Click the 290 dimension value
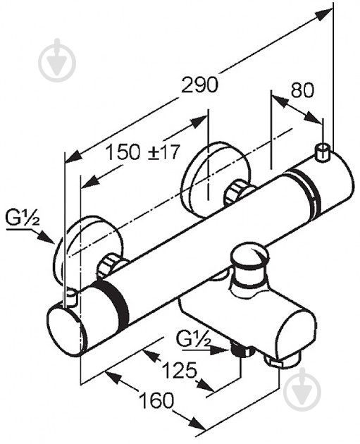click(199, 85)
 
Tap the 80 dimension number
click(302, 90)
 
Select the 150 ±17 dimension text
click(142, 152)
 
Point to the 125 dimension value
click(180, 370)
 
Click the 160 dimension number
click(156, 400)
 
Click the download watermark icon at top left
click(58, 60)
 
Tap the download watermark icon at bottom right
click(302, 390)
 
